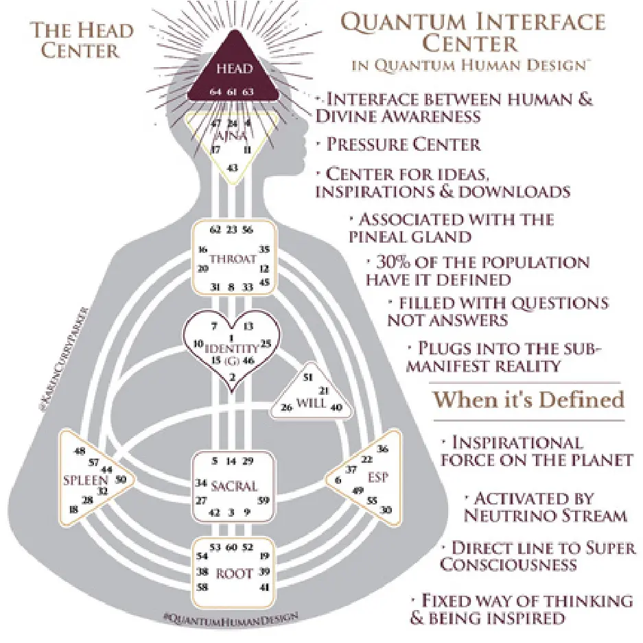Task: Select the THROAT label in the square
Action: [x=233, y=259]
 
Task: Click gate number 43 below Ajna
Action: [x=233, y=168]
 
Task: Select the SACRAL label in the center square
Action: [x=234, y=486]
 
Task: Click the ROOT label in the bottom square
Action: [x=234, y=573]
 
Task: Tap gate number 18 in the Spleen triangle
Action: [x=73, y=509]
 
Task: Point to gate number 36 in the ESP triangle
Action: [x=383, y=449]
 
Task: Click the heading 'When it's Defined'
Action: [x=528, y=400]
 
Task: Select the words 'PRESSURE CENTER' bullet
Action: [x=404, y=145]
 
